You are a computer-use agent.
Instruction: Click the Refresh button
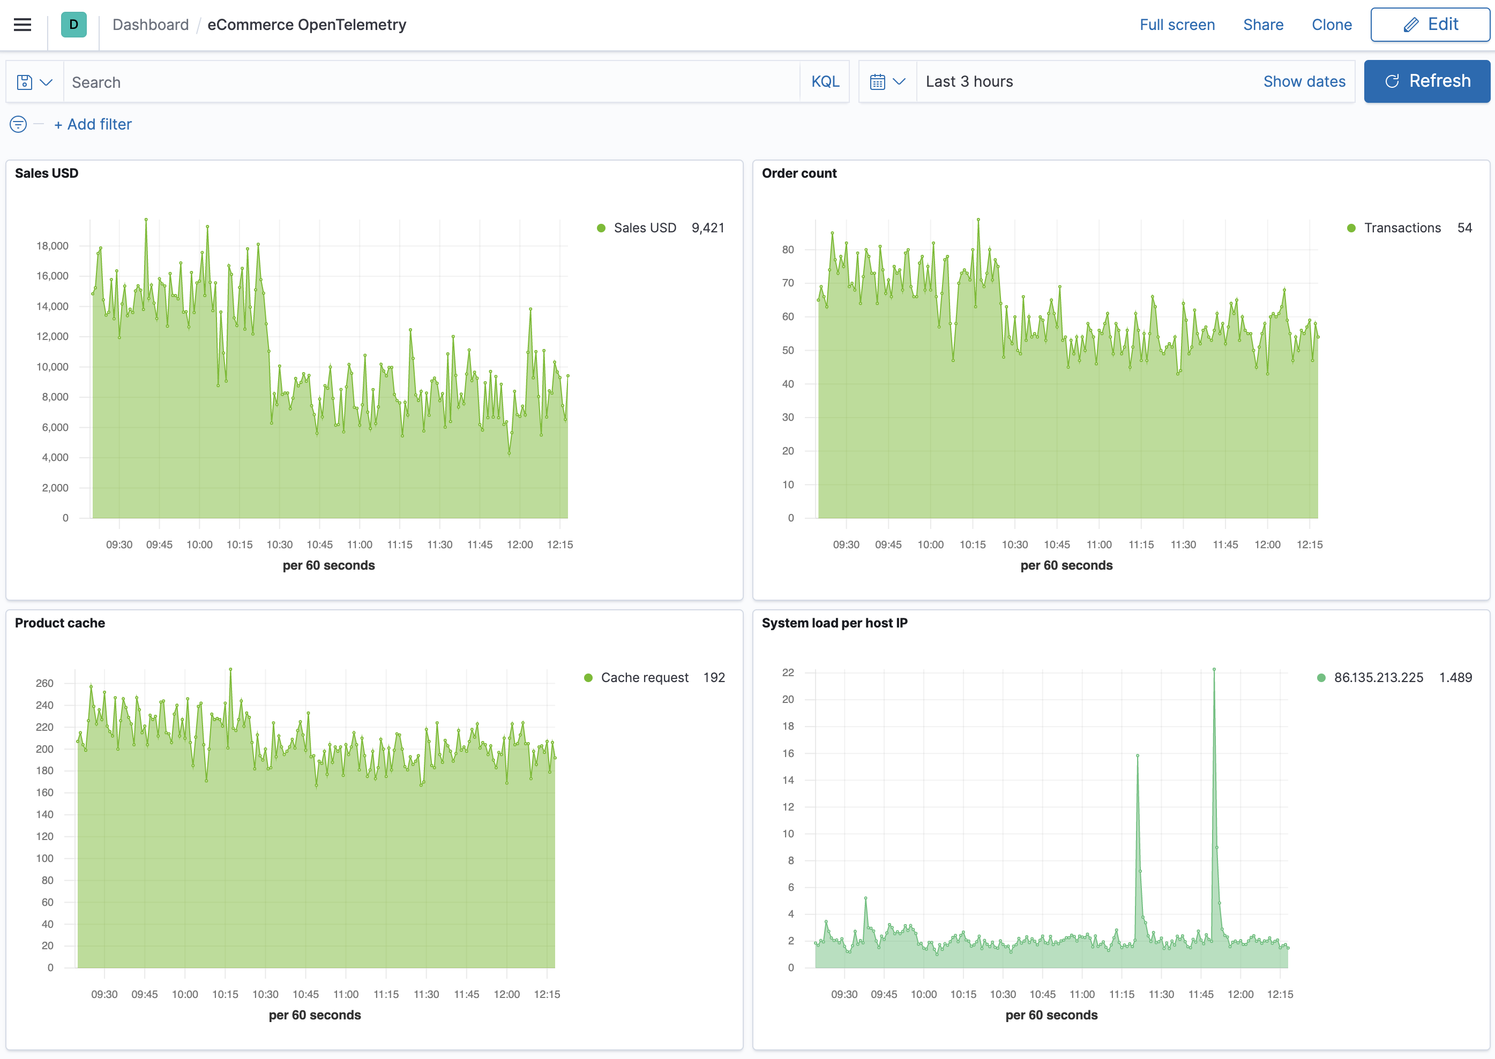[1426, 81]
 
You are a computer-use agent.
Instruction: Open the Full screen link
[1177, 25]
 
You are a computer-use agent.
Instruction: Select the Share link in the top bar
[1262, 25]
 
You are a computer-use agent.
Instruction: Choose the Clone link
[1331, 25]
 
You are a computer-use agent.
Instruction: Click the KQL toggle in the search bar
[825, 81]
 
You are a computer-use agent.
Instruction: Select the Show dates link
[1304, 81]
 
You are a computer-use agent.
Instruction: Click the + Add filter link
[93, 125]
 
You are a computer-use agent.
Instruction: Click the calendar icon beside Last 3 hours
[878, 81]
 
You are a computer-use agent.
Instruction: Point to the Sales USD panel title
[46, 173]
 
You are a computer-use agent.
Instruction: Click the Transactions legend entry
[1402, 228]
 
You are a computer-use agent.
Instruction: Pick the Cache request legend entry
[644, 677]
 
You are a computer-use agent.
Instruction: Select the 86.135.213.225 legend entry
[1378, 677]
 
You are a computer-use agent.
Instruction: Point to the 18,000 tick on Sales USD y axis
[52, 246]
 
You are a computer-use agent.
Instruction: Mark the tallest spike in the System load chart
[1214, 670]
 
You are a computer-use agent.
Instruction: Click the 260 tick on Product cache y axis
[44, 683]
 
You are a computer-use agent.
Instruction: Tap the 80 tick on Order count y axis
[788, 249]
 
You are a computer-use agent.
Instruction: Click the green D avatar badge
[74, 25]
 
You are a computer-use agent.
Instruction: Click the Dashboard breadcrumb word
[150, 25]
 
